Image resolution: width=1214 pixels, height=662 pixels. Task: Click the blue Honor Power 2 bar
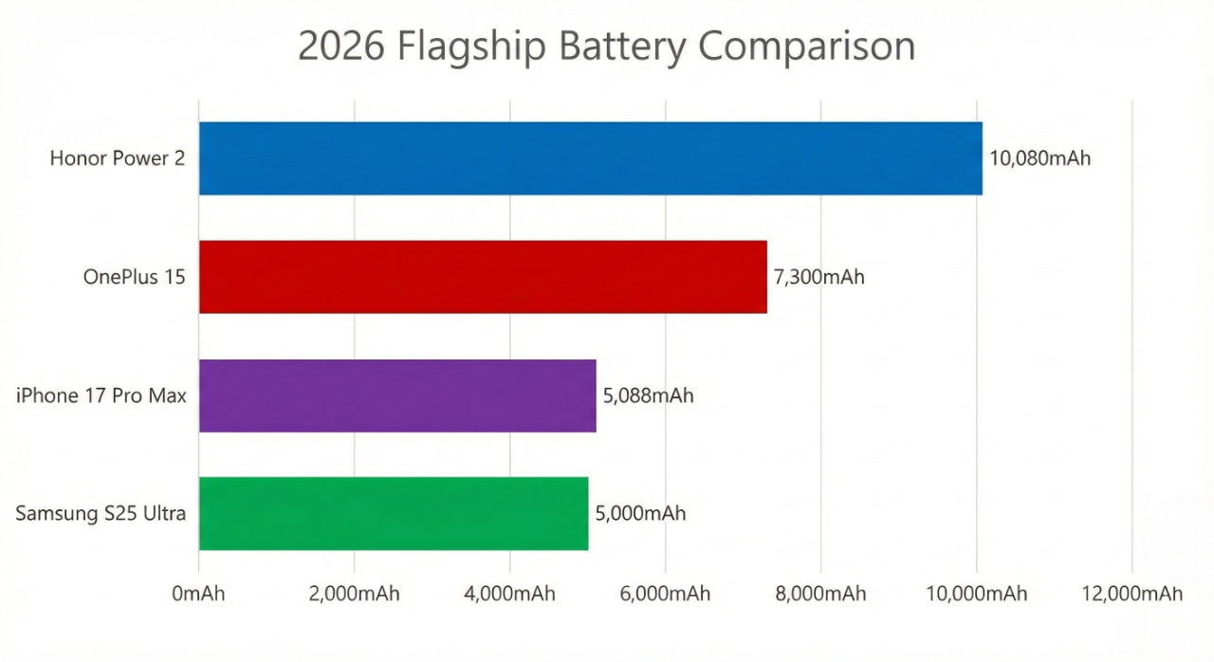[x=590, y=158]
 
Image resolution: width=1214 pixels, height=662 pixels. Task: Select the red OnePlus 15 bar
[x=483, y=277]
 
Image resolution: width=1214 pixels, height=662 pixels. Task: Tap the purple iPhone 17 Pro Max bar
[x=397, y=395]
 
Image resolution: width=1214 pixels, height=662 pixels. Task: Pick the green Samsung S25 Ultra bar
[x=394, y=513]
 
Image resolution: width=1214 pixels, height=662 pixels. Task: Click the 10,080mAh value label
[x=1039, y=158]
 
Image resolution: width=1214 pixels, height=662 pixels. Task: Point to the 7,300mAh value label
[x=819, y=278]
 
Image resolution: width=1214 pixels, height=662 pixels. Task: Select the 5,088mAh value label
[x=648, y=395]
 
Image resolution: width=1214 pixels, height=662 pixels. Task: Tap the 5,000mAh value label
[x=640, y=514]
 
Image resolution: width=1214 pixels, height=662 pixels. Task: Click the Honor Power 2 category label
[x=118, y=158]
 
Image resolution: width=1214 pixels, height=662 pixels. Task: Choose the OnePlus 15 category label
[x=134, y=278]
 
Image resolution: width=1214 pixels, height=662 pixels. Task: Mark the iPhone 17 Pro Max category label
[x=101, y=395]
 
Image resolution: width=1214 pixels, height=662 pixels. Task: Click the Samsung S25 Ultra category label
[x=101, y=514]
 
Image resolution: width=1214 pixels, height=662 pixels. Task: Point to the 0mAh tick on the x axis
[x=198, y=594]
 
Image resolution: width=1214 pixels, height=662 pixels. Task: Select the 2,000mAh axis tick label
[x=354, y=594]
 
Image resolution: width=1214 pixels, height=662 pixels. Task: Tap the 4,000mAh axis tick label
[x=509, y=594]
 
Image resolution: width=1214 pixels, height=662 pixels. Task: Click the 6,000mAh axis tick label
[x=665, y=594]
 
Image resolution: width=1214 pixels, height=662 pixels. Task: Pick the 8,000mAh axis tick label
[x=820, y=594]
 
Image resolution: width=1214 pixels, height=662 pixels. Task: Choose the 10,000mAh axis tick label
[x=977, y=594]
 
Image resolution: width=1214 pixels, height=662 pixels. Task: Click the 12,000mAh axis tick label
[x=1132, y=594]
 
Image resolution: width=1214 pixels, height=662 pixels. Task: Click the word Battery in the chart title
[x=623, y=46]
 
